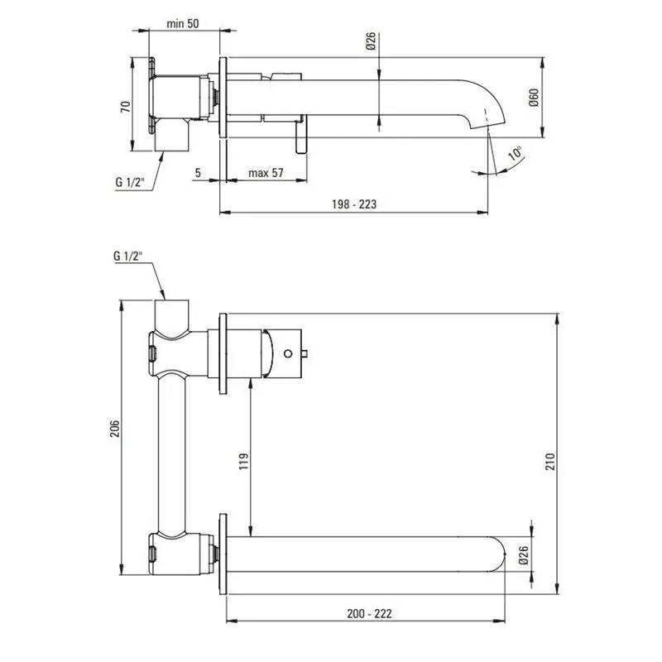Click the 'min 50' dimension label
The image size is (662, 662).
pyautogui.click(x=182, y=23)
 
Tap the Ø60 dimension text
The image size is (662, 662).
pyautogui.click(x=534, y=97)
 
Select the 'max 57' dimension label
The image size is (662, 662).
pyautogui.click(x=266, y=173)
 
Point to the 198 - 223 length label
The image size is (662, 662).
pyautogui.click(x=354, y=204)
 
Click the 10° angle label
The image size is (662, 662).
pyautogui.click(x=516, y=153)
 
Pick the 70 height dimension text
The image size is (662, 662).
pyautogui.click(x=126, y=107)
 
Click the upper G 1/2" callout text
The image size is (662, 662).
pyautogui.click(x=130, y=182)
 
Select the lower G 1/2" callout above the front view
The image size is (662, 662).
pyautogui.click(x=128, y=256)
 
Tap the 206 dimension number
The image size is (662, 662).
pyautogui.click(x=115, y=429)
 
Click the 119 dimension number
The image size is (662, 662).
pyautogui.click(x=244, y=462)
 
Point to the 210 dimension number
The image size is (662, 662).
pyautogui.click(x=550, y=462)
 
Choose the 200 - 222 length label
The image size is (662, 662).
pyautogui.click(x=369, y=613)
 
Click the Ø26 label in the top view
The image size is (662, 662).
pyautogui.click(x=371, y=41)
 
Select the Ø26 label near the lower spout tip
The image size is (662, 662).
pyautogui.click(x=524, y=554)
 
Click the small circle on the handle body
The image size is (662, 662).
pyautogui.click(x=288, y=353)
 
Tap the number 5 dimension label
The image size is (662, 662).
pyautogui.click(x=198, y=173)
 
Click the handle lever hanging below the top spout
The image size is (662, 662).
pyautogui.click(x=301, y=134)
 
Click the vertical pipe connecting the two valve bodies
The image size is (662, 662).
pyautogui.click(x=171, y=453)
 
